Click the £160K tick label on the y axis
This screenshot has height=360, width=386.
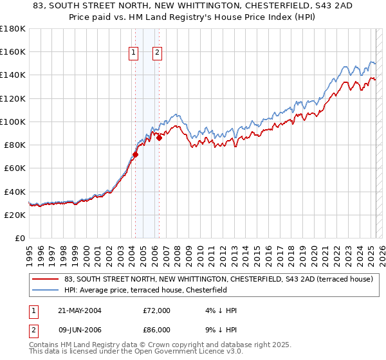(13, 51)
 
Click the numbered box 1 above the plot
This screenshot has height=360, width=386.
(134, 53)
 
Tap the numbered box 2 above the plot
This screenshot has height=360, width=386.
(157, 53)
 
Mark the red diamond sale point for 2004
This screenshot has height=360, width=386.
(136, 154)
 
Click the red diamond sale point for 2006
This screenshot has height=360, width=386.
(159, 138)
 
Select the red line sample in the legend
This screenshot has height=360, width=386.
(46, 280)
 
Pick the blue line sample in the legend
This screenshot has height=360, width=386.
(46, 290)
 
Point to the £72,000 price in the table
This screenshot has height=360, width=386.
(157, 310)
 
